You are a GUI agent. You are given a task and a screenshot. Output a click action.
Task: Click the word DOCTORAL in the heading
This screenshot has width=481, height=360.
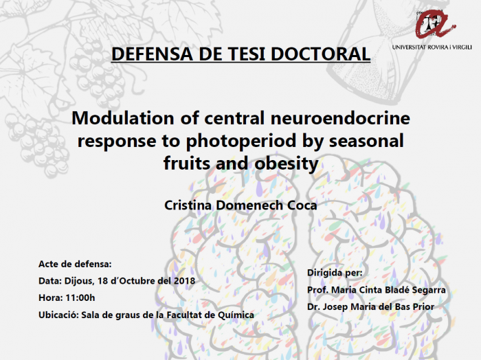click(321, 54)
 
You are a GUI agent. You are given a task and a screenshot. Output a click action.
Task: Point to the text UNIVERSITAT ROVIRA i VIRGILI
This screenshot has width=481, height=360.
click(432, 47)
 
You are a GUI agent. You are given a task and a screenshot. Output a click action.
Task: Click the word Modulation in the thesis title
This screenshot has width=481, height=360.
click(123, 118)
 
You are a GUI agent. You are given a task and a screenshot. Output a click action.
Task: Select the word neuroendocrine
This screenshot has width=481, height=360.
click(340, 118)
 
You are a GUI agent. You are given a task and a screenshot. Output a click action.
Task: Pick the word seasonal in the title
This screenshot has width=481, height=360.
click(366, 141)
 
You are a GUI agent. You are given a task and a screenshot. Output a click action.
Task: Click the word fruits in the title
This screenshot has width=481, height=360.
click(188, 163)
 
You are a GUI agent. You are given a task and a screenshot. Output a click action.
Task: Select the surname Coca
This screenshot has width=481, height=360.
click(302, 205)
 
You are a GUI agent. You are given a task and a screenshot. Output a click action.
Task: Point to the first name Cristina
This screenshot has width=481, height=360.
click(188, 205)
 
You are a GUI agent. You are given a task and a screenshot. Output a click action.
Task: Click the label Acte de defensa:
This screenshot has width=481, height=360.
click(75, 264)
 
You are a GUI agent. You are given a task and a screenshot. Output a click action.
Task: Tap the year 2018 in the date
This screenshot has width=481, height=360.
click(184, 281)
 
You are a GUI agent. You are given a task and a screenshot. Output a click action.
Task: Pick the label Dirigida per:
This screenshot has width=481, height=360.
click(335, 273)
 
